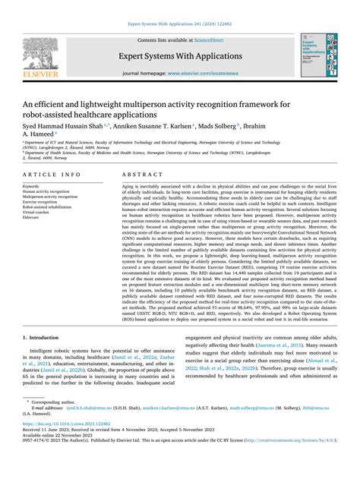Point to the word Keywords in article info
pyautogui.click(x=33, y=185)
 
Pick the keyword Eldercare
pyautogui.click(x=33, y=218)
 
